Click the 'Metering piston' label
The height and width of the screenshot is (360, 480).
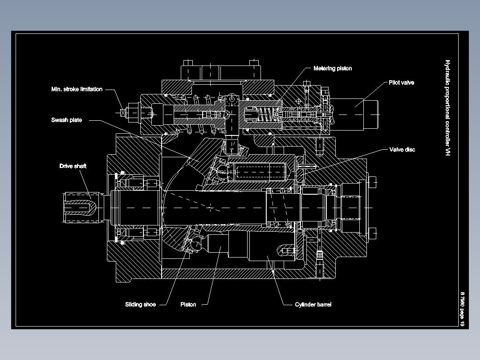[332, 69]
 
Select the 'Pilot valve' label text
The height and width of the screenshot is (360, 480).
[401, 82]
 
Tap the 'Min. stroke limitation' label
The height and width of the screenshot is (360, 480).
[77, 89]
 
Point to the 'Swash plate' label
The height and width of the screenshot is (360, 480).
[66, 120]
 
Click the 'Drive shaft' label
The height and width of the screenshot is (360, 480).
[73, 166]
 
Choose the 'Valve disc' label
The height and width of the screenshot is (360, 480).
[402, 150]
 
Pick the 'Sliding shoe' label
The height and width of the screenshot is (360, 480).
[140, 305]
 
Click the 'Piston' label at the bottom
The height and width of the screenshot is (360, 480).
[188, 305]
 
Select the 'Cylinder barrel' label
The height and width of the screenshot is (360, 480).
[313, 305]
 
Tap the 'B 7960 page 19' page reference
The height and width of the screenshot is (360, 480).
[463, 310]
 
